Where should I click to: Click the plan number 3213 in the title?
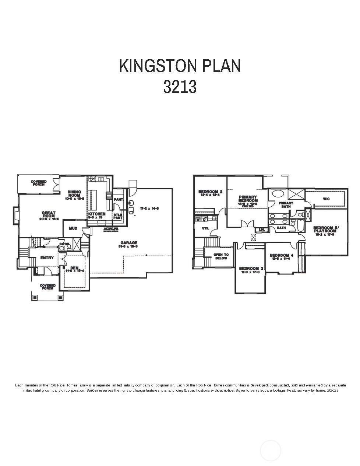tap(180, 87)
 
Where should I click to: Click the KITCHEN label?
tap(96, 214)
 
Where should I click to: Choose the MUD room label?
tap(73, 228)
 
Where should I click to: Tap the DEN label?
tap(74, 268)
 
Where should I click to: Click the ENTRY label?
tap(47, 258)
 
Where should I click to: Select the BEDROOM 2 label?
tap(210, 192)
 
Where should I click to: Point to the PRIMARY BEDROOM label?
tap(247, 199)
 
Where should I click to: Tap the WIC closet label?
tap(326, 199)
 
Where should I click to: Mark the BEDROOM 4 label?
tap(282, 255)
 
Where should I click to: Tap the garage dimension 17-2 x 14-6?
tap(149, 209)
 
